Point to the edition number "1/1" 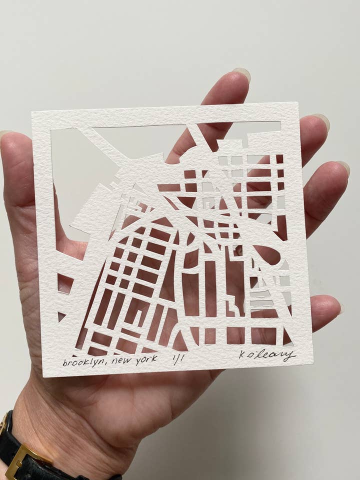(x=177, y=358)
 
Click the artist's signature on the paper (x=267, y=355)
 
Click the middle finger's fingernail (x=320, y=121)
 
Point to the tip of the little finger (x=336, y=306)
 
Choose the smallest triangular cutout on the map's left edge (x=61, y=316)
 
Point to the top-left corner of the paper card (x=32, y=112)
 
